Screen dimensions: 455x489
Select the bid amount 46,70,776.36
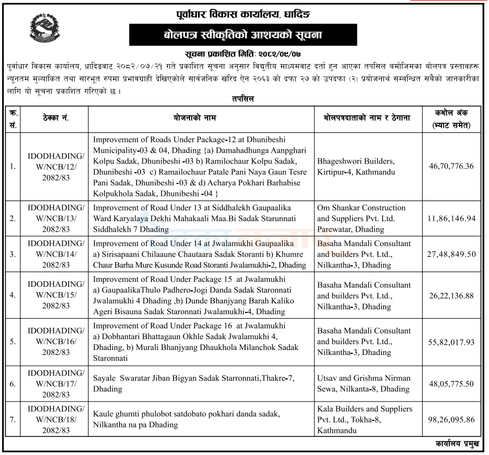click(452, 166)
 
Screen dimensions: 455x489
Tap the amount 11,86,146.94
click(452, 218)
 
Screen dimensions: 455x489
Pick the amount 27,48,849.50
click(452, 254)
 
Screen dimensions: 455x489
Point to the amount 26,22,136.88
click(452, 295)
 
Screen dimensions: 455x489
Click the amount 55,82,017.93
click(452, 342)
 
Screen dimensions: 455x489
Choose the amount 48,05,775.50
click(452, 383)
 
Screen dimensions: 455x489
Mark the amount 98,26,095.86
click(452, 419)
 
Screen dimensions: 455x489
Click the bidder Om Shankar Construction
click(361, 208)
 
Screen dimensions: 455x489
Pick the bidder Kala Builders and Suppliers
click(364, 409)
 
